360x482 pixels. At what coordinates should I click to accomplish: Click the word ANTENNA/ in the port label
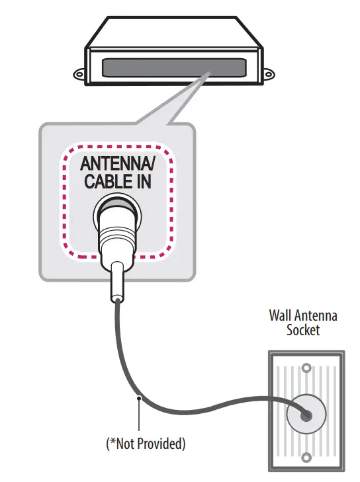coord(118,163)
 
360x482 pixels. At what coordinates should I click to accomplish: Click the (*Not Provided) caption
coord(146,444)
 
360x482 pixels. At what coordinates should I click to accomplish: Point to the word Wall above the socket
coord(281,315)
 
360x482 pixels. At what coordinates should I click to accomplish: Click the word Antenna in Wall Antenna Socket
coord(317,315)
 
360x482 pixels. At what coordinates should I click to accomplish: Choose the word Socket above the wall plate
coord(303,330)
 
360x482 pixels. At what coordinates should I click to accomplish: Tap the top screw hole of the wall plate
coord(306,368)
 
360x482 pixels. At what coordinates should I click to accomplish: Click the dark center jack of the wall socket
coord(306,414)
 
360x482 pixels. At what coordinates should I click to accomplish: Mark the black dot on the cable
coord(139,397)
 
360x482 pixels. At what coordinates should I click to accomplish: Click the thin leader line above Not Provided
coord(139,417)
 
